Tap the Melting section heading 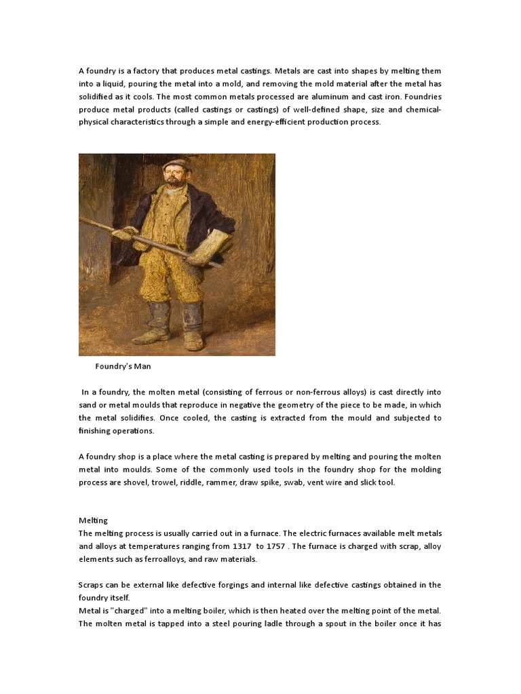tap(93, 520)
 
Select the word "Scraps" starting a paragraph tap(91, 585)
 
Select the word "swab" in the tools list tap(369, 482)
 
